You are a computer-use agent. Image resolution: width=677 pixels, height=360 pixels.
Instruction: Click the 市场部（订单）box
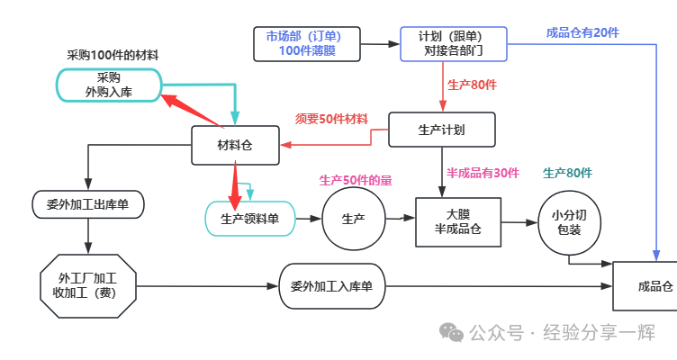click(x=307, y=43)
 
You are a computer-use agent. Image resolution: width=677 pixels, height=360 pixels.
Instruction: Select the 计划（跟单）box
click(x=453, y=43)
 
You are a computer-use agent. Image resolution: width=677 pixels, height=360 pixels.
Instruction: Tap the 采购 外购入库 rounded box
click(x=109, y=85)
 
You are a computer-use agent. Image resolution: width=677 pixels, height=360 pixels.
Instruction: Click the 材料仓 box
click(x=235, y=145)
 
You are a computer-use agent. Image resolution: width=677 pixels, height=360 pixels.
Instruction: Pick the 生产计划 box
click(x=441, y=130)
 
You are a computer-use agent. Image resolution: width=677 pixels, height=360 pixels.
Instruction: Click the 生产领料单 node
click(x=250, y=219)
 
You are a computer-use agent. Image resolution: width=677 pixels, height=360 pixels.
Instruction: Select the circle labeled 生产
click(x=353, y=219)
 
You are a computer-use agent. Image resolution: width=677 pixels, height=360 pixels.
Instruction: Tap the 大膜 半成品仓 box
click(x=458, y=221)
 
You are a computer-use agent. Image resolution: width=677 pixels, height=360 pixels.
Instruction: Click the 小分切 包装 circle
click(x=568, y=222)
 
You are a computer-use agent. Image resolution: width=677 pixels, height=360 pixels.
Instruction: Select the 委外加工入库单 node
click(x=331, y=286)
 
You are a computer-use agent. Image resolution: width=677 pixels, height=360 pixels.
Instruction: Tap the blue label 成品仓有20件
click(x=582, y=32)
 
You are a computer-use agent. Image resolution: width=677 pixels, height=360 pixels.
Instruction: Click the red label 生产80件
click(x=472, y=85)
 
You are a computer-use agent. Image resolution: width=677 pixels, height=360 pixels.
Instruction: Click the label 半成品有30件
click(x=483, y=173)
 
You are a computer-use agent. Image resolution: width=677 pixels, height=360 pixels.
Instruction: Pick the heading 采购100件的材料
click(x=113, y=55)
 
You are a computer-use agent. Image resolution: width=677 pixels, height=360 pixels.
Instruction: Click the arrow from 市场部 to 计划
click(x=380, y=43)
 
